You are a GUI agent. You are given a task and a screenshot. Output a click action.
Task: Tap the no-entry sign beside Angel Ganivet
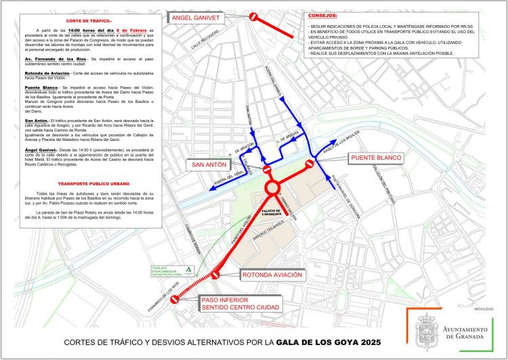[x=253, y=17]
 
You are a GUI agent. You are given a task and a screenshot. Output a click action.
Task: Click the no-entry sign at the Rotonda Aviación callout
[x=216, y=275]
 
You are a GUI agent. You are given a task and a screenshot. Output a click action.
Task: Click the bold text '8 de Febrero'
[x=133, y=32]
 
